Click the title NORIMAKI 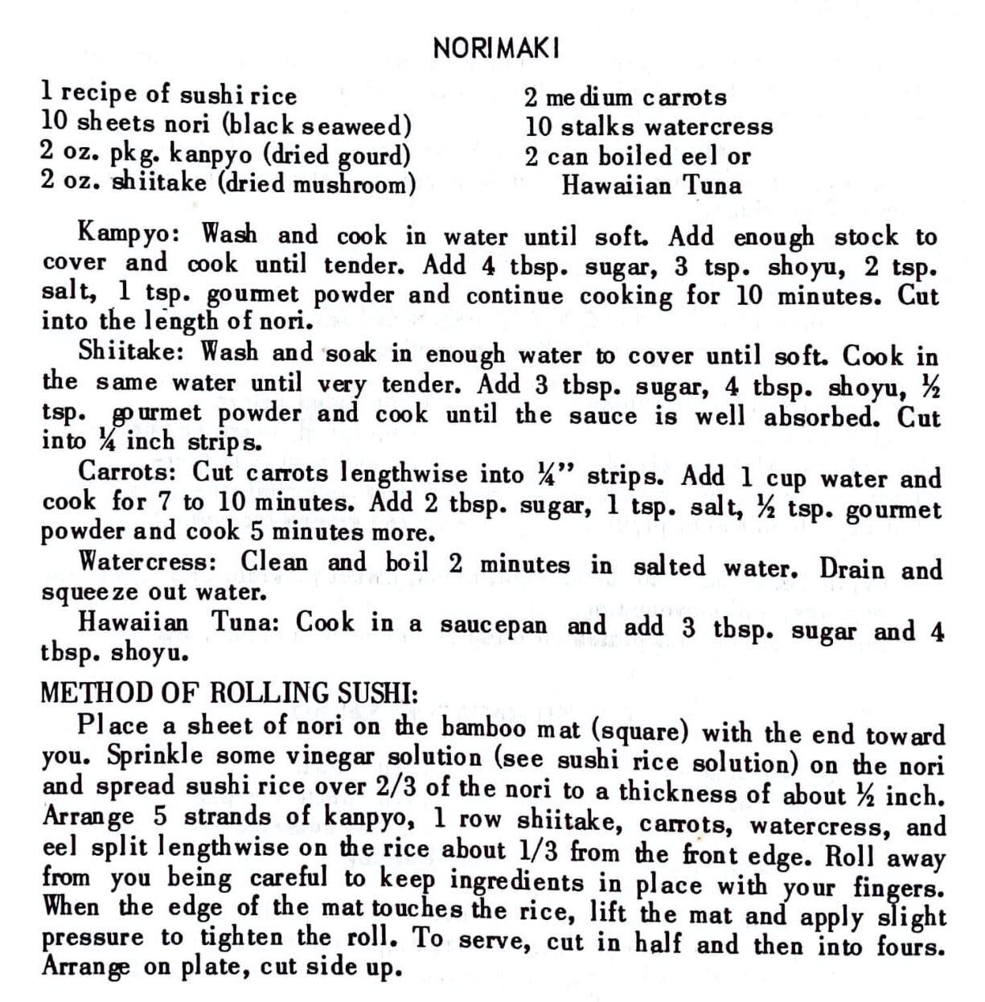point(495,49)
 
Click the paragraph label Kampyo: point(132,236)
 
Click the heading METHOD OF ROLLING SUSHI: point(229,692)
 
